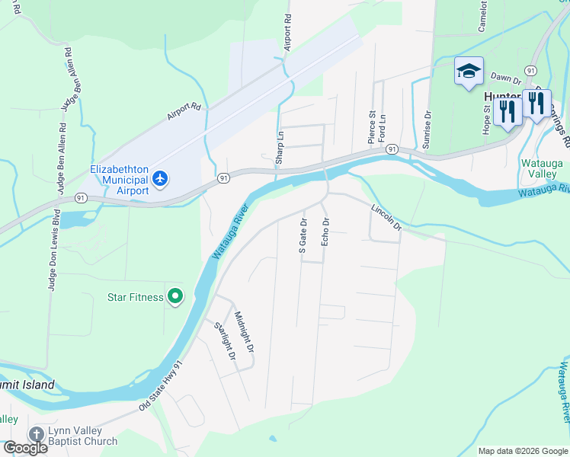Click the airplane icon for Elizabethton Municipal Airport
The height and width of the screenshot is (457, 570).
coord(159,178)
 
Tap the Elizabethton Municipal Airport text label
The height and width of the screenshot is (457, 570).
coord(118,180)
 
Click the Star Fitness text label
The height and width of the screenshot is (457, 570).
coord(135,297)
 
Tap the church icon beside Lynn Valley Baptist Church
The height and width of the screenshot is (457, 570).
coord(36,434)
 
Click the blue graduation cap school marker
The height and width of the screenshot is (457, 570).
coord(468,72)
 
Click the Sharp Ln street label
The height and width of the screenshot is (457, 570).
coord(280,145)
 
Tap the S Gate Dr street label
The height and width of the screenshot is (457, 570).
coord(303,235)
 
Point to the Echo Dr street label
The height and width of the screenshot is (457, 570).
coord(325,232)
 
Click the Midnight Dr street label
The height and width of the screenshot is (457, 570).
coord(244,331)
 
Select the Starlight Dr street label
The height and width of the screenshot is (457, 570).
coord(224,342)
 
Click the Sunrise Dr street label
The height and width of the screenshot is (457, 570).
coord(427,125)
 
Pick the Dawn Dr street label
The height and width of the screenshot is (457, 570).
coord(505,77)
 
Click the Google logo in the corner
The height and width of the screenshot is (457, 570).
coord(24,448)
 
